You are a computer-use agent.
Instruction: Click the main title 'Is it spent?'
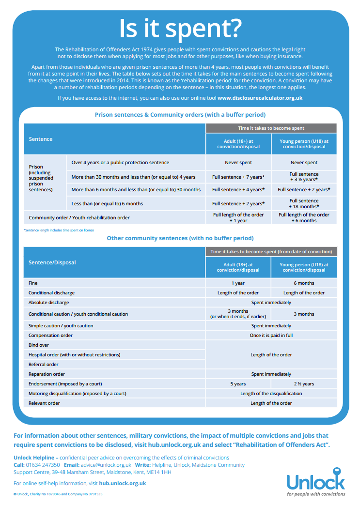(x=180, y=29)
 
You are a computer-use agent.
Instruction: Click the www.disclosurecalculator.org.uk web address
(x=260, y=98)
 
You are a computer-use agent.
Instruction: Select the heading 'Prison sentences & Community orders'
(x=180, y=115)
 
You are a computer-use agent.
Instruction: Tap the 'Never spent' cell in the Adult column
(x=238, y=163)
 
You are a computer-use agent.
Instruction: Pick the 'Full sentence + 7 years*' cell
(x=238, y=177)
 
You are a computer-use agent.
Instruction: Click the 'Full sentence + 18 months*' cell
(x=304, y=203)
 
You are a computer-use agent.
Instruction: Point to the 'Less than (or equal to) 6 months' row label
(x=107, y=203)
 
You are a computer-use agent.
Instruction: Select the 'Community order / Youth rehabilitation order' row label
(x=79, y=218)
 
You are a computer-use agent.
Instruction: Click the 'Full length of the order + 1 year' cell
(x=238, y=217)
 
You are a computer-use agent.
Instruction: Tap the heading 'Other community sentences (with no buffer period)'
(x=180, y=238)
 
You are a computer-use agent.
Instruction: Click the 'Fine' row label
(x=33, y=283)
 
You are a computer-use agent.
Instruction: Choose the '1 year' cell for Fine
(x=238, y=283)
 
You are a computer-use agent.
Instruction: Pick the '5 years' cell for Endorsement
(x=238, y=384)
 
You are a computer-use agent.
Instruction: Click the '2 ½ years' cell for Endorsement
(x=304, y=384)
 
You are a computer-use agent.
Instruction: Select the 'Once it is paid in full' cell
(x=271, y=335)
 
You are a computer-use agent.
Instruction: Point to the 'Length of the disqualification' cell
(x=271, y=394)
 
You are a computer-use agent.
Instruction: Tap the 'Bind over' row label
(x=39, y=345)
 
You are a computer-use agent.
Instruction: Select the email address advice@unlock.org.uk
(x=106, y=465)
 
